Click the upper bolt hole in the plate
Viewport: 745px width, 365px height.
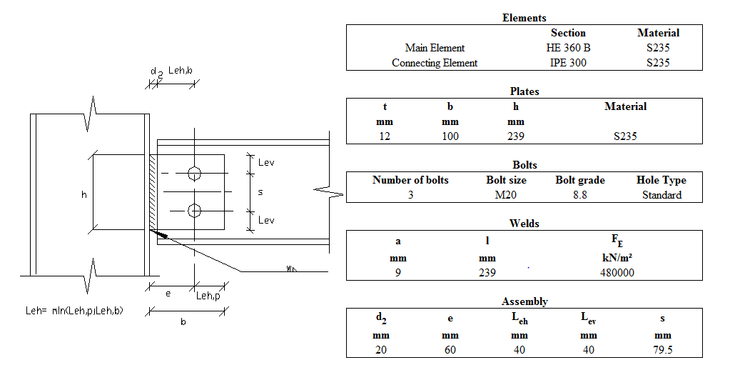click(x=194, y=173)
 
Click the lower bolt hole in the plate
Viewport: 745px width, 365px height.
click(x=194, y=210)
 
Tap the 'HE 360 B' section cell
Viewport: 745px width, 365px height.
click(x=568, y=48)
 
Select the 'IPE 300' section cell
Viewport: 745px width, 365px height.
click(x=568, y=63)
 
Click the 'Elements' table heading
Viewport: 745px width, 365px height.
click(x=524, y=18)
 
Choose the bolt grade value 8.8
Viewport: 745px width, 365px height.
click(x=579, y=195)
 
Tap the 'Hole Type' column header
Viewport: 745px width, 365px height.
click(x=662, y=180)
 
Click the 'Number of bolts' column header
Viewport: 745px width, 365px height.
click(x=410, y=180)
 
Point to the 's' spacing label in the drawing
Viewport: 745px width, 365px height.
click(x=260, y=192)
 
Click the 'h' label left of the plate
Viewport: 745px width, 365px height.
click(x=83, y=193)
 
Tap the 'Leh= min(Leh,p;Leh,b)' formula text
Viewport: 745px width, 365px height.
click(x=74, y=311)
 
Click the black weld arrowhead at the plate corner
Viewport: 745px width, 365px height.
click(x=161, y=234)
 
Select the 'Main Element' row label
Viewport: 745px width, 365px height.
click(x=435, y=48)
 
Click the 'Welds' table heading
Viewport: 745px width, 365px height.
click(x=524, y=224)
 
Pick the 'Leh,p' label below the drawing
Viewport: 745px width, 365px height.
click(x=208, y=295)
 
